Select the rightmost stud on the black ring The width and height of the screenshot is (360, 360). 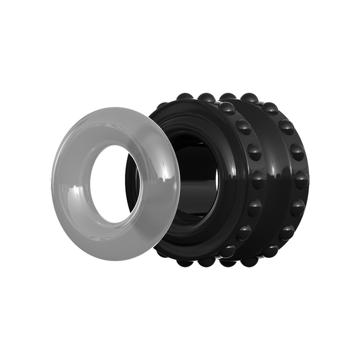point(301,180)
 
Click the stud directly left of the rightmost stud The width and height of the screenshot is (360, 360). point(258,179)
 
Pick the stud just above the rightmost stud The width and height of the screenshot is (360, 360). point(297,152)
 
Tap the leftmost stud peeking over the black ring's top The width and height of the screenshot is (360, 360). point(184,96)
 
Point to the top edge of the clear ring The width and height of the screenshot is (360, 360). point(112,109)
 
